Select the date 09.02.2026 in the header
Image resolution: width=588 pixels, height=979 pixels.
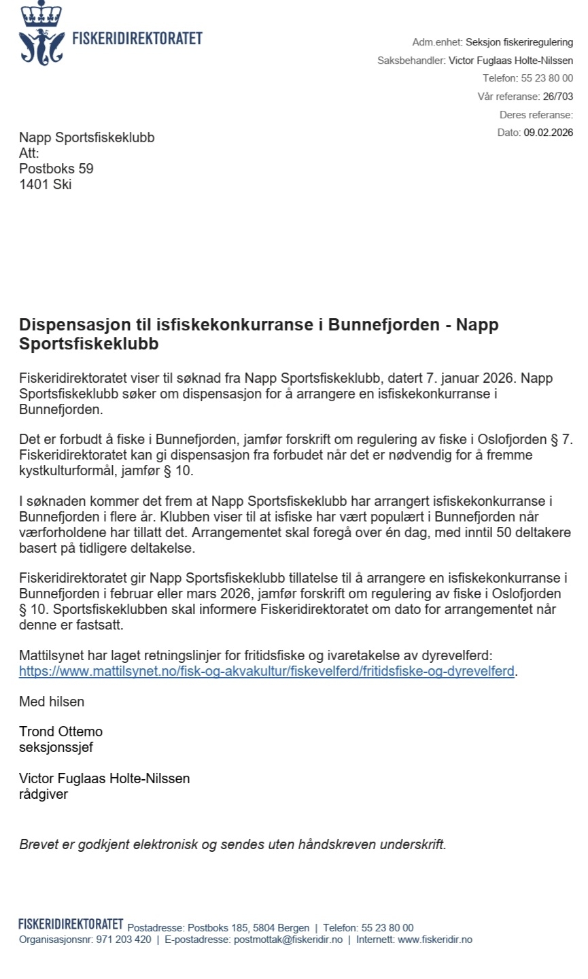[x=548, y=133]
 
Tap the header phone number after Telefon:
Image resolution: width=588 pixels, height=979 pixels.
[x=547, y=78]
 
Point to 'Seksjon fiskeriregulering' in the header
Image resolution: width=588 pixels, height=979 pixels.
[x=519, y=42]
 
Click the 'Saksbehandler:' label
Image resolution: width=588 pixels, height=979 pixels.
[x=411, y=61]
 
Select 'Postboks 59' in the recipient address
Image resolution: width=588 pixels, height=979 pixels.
[x=56, y=169]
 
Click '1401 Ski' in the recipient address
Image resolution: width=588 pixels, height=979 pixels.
[x=45, y=184]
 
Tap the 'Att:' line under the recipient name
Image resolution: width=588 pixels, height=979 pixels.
[x=29, y=153]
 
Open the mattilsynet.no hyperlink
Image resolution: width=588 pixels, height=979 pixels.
[x=266, y=672]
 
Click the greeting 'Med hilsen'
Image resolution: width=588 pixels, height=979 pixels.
[x=52, y=701]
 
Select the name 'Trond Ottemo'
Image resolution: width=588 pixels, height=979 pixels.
[x=60, y=732]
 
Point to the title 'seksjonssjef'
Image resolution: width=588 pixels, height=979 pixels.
[x=56, y=747]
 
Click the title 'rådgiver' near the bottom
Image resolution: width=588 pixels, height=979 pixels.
[x=43, y=793]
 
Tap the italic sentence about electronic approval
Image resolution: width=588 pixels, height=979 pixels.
[x=232, y=845]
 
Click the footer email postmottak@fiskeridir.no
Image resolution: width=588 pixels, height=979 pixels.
[x=288, y=940]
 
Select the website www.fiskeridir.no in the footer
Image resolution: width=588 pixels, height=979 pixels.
[x=434, y=940]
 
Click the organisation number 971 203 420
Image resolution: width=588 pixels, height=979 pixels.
[x=124, y=940]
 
